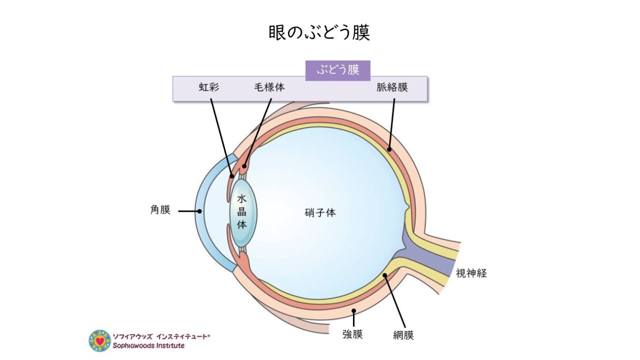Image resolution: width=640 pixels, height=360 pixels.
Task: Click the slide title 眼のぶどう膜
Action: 319,32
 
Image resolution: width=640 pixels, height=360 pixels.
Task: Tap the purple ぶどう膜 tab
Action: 338,70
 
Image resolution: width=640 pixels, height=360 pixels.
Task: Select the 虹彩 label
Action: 208,87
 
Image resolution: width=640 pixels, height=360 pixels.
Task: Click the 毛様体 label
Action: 269,87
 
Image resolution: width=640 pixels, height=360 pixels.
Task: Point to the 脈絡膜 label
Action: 392,87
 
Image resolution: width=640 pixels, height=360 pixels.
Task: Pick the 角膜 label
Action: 160,210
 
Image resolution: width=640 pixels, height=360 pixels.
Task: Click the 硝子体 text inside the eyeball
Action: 320,213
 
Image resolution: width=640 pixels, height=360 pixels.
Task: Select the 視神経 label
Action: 471,273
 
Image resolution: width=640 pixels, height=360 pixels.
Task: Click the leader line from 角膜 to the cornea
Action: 188,211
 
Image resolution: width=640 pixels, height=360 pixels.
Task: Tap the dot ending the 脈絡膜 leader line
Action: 389,149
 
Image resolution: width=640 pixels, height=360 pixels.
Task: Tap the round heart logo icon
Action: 100,341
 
